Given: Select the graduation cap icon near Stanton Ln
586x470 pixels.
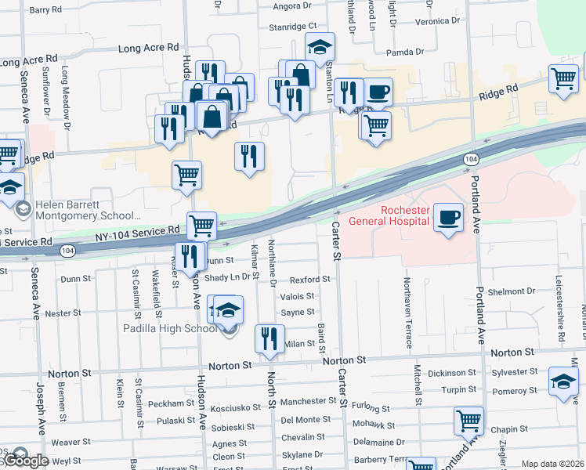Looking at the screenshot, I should tap(320, 47).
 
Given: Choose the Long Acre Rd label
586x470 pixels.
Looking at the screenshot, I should tap(148, 48).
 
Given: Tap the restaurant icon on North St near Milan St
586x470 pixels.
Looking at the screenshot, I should tap(269, 338).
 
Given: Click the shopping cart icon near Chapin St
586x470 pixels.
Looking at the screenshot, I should tap(468, 420).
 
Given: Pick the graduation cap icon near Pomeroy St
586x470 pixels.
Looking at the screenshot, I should tap(562, 381).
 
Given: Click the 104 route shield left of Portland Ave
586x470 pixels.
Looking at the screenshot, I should tap(469, 159).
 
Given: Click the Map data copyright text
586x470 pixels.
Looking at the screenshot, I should tap(552, 464).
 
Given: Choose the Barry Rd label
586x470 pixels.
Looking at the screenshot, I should tap(45, 10).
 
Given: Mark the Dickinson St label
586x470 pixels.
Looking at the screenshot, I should tap(452, 373).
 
